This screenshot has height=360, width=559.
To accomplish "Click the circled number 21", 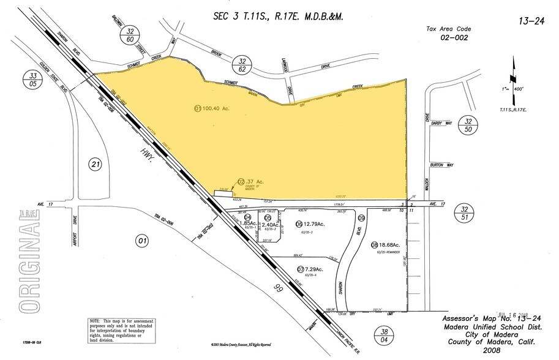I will tap(94, 164).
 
